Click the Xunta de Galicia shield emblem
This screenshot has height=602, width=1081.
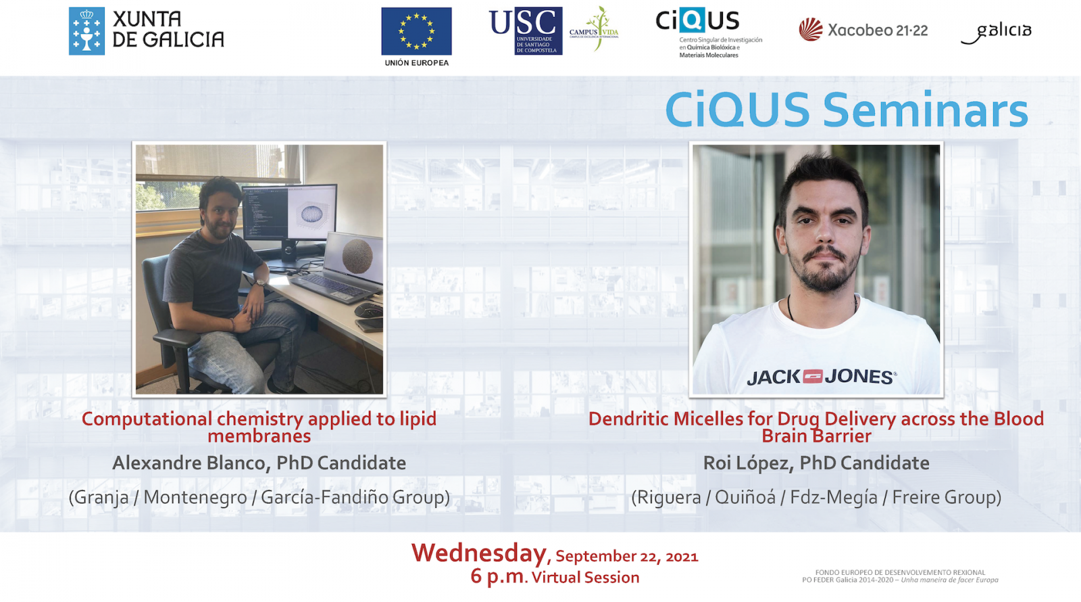[87, 31]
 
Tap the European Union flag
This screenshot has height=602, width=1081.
[416, 31]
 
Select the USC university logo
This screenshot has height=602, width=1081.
[526, 30]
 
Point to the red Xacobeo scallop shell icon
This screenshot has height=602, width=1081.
[811, 30]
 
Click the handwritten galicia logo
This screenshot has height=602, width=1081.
[996, 33]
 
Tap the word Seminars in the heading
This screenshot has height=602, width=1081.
[925, 110]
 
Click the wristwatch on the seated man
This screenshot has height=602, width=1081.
[261, 282]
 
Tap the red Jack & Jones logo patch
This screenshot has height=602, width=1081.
[813, 376]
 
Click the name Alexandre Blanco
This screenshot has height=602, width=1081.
[188, 463]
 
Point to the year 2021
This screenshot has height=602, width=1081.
[682, 557]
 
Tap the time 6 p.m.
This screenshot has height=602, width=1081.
[498, 576]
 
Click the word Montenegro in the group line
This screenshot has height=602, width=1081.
[195, 497]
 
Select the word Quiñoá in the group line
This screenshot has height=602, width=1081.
[745, 497]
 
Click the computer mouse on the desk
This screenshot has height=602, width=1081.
[368, 310]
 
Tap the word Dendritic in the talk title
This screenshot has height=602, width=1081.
[628, 419]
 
